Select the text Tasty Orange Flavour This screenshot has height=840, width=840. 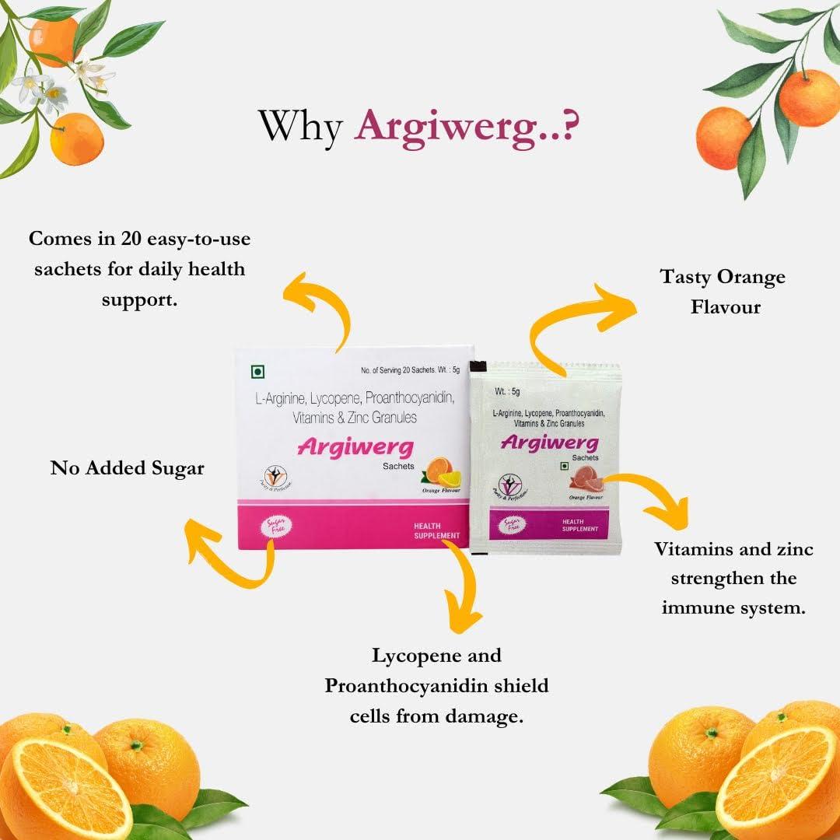[x=723, y=292]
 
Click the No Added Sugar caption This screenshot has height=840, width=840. [x=128, y=467]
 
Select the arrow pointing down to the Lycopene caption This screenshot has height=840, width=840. [x=464, y=586]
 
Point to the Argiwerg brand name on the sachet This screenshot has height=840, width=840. [x=549, y=443]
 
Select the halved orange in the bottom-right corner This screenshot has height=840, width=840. [x=778, y=782]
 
